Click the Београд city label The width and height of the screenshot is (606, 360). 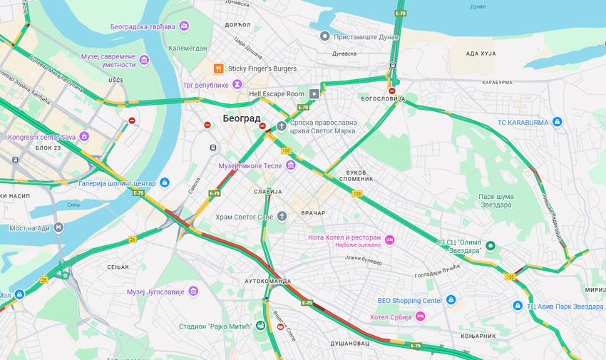coord(242,118)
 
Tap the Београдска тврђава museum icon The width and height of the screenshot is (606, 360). coord(185,26)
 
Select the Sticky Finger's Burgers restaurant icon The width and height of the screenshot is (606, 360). coord(218,68)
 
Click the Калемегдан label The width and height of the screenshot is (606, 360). coord(188,48)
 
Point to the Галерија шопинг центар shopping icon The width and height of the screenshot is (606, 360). coord(165,182)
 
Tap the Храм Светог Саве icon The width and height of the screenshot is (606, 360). coord(282,216)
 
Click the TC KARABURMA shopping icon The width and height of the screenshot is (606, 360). coord(558,122)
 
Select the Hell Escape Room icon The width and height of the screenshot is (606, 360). coord(314,94)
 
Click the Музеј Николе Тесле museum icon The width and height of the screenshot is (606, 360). coord(290,165)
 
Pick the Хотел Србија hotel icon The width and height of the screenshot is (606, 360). coord(421,317)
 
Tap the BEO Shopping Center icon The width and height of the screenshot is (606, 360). coord(450,300)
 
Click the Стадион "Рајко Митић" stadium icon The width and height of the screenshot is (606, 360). coord(261,326)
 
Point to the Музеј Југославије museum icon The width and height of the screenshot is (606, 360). coord(193,292)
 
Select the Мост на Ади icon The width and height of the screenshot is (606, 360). coord(58,228)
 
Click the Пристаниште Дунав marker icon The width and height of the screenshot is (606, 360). coord(325,36)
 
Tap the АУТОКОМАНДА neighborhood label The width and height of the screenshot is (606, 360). coord(268,282)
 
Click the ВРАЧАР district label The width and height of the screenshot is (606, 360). coord(313,212)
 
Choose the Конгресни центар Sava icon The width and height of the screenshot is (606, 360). coord(84,136)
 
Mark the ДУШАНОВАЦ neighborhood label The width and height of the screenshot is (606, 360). coord(349,343)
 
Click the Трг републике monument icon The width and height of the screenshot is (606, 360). coord(237,85)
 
